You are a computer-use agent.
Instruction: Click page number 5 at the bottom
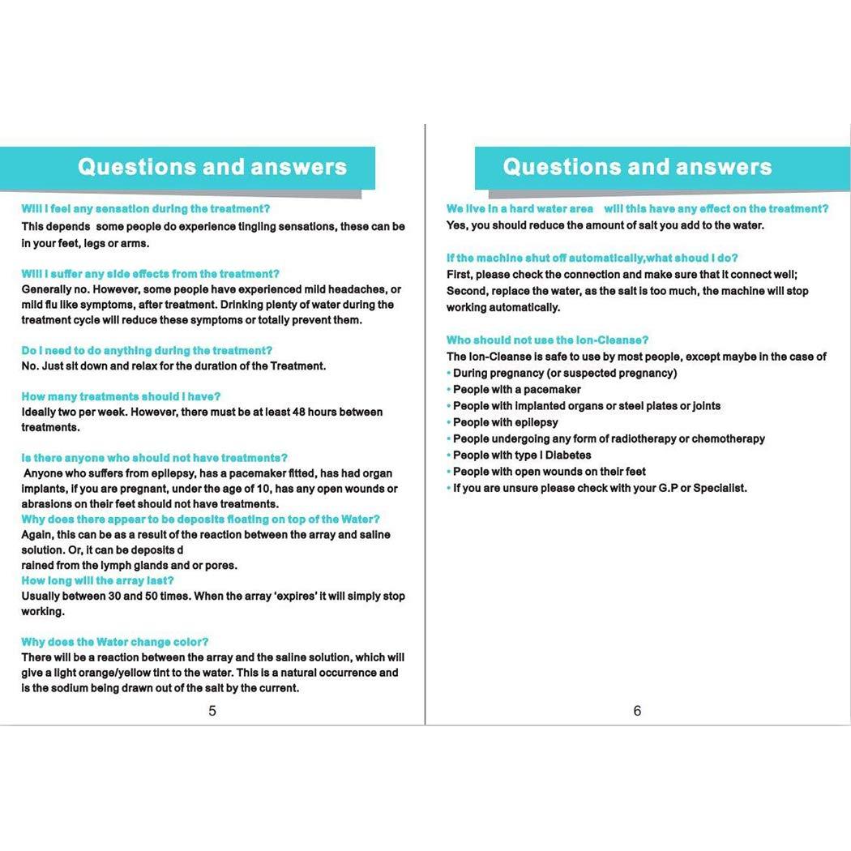pos(212,711)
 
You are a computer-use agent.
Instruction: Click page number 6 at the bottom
pos(637,711)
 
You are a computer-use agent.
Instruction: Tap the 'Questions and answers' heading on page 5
pos(212,167)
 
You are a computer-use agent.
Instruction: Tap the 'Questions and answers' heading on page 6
pos(637,167)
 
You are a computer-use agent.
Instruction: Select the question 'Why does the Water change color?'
pos(115,642)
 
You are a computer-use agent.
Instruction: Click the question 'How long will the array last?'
pos(97,580)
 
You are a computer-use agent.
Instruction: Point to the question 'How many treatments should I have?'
pos(121,396)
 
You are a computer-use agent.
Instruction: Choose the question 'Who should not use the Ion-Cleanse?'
pos(547,340)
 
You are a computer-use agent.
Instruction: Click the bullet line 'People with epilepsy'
pos(505,422)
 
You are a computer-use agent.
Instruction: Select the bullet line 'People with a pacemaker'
pos(516,389)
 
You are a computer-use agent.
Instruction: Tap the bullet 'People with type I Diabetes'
pos(522,455)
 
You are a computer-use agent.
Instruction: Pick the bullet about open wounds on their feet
pos(549,471)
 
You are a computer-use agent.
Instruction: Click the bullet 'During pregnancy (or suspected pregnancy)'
pos(564,373)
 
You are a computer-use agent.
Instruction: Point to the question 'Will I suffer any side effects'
pos(150,274)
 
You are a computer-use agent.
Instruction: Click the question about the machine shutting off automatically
pos(592,258)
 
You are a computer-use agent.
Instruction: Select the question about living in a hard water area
pos(637,208)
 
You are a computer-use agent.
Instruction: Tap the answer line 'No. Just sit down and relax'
pos(173,366)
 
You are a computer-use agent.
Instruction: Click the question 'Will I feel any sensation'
pos(145,208)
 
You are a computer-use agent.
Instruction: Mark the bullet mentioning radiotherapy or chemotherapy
pos(609,438)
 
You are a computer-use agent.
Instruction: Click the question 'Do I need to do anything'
pos(147,350)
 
